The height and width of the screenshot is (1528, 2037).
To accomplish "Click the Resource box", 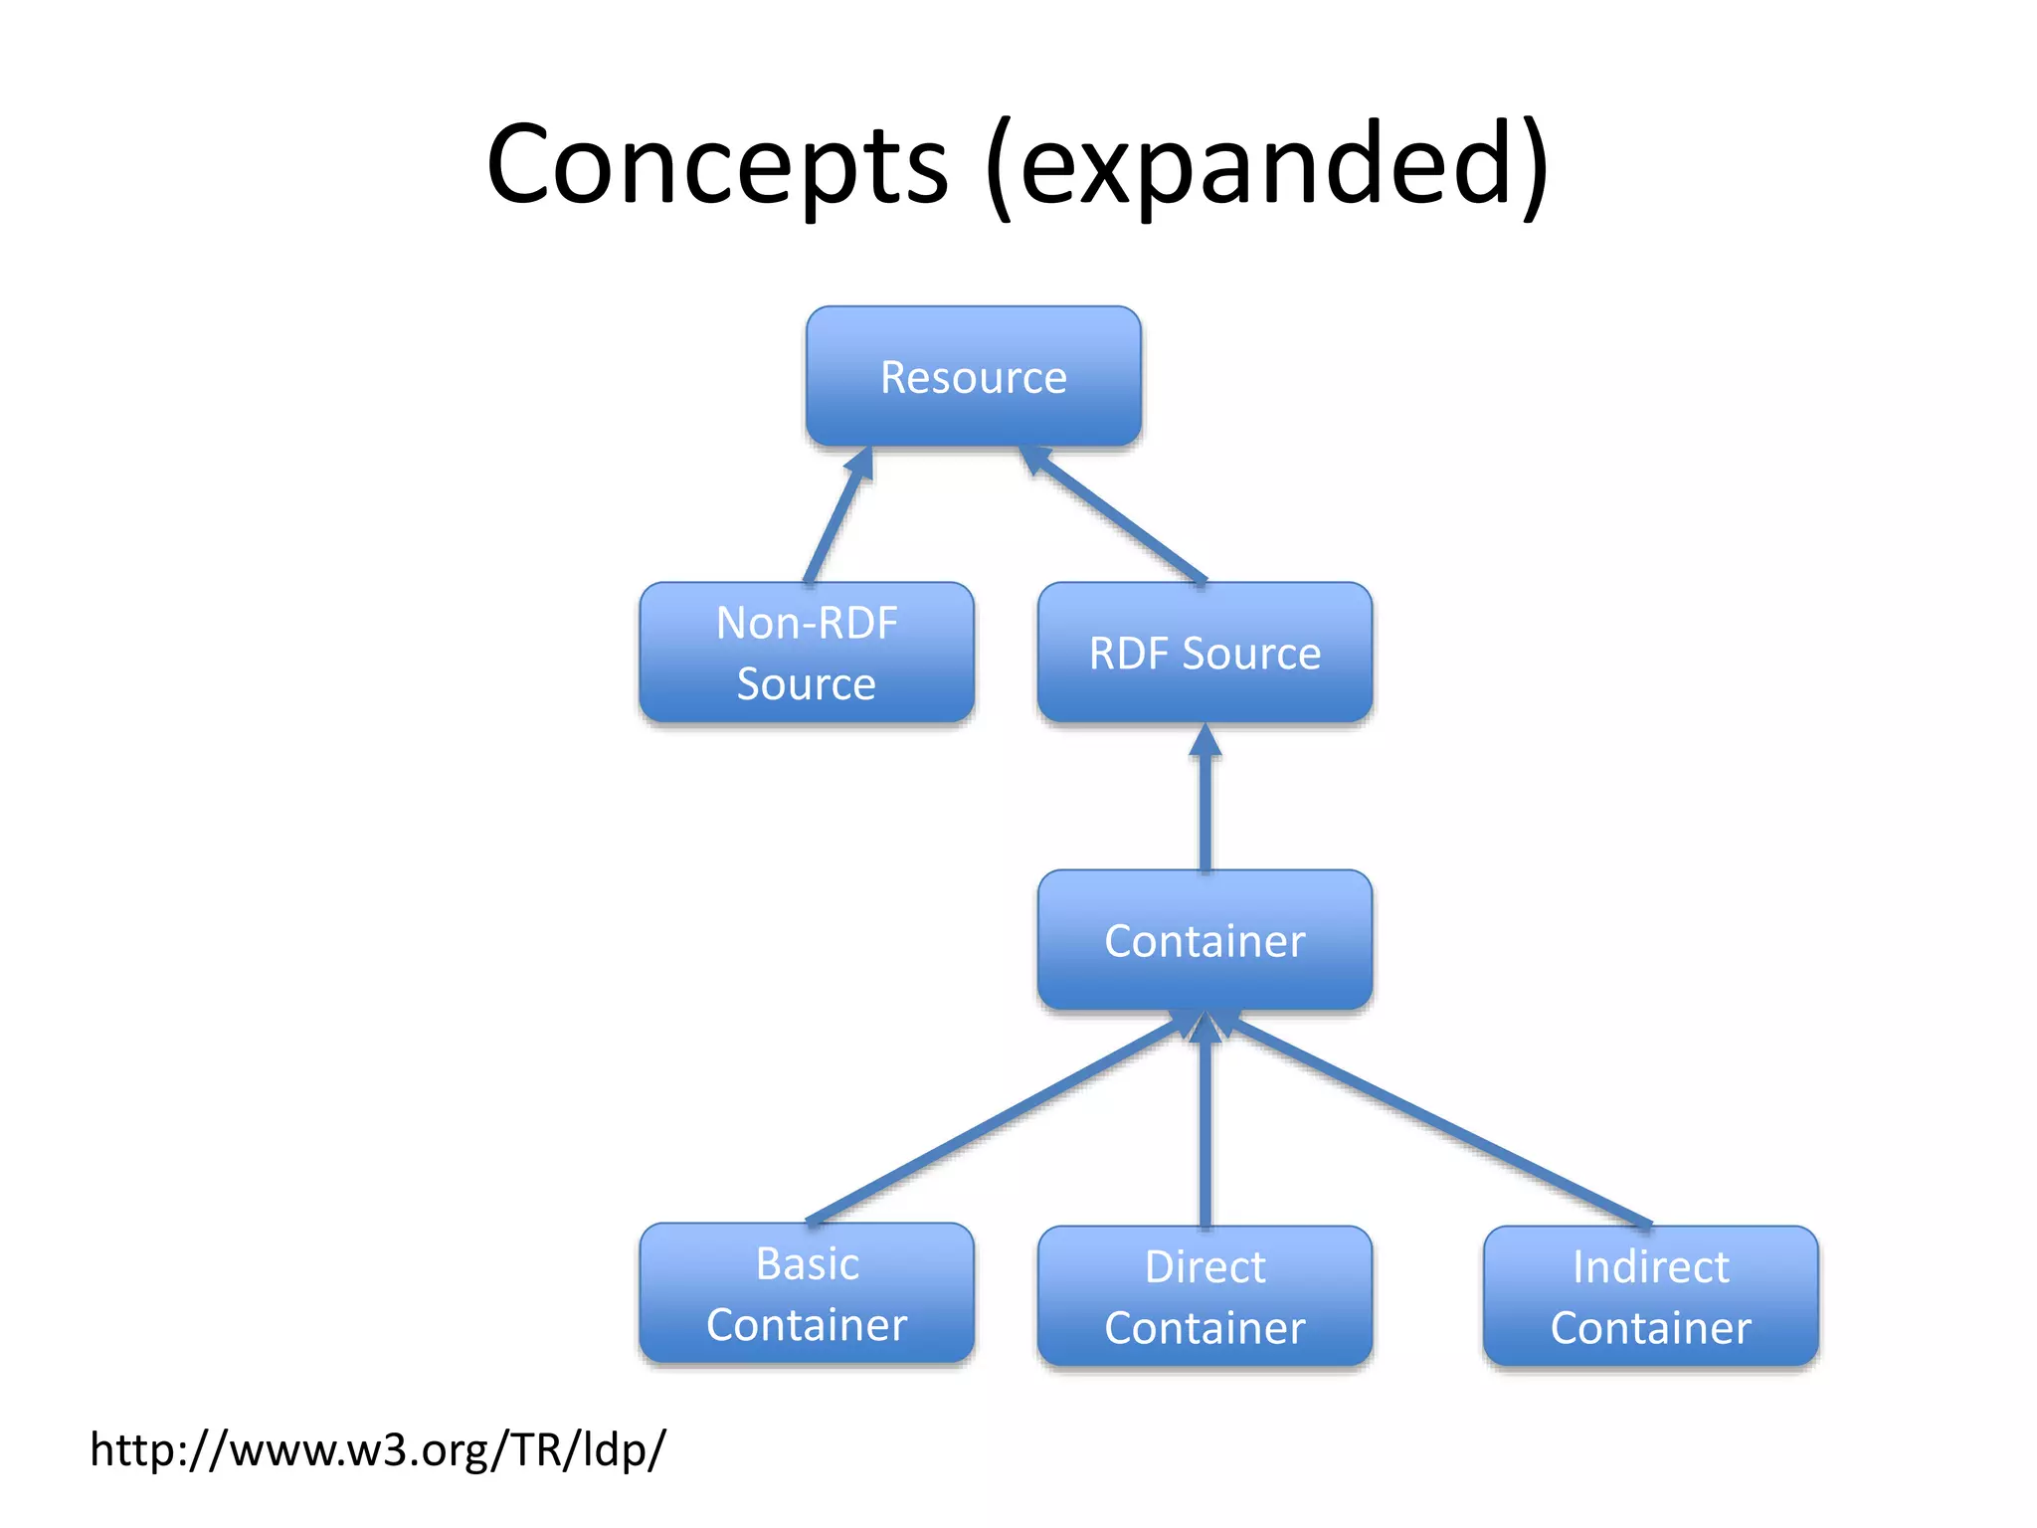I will tap(973, 377).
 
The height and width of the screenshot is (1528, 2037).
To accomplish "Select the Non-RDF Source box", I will tap(806, 653).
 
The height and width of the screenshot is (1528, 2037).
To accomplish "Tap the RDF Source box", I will tap(1204, 653).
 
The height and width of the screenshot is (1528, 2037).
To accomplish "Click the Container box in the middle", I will tap(1204, 940).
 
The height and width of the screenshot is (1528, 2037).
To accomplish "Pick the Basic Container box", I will tap(806, 1293).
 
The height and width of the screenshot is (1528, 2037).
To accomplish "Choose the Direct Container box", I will tap(1204, 1296).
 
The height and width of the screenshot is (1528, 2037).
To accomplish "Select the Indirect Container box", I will tap(1650, 1296).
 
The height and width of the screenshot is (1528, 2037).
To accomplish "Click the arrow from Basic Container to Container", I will tap(995, 1119).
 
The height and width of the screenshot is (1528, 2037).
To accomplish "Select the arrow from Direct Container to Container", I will tap(1205, 1124).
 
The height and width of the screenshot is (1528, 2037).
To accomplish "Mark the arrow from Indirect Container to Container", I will tap(1432, 1119).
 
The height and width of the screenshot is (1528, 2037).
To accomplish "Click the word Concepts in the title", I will tap(717, 164).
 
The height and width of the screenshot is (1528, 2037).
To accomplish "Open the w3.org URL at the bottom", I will tap(378, 1449).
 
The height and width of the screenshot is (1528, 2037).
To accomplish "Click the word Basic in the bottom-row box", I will tap(807, 1264).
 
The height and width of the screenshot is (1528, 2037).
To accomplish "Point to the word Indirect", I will tap(1650, 1267).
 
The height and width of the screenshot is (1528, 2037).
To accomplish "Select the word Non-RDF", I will tap(807, 624).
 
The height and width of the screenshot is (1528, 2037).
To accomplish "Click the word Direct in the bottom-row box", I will tap(1204, 1267).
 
